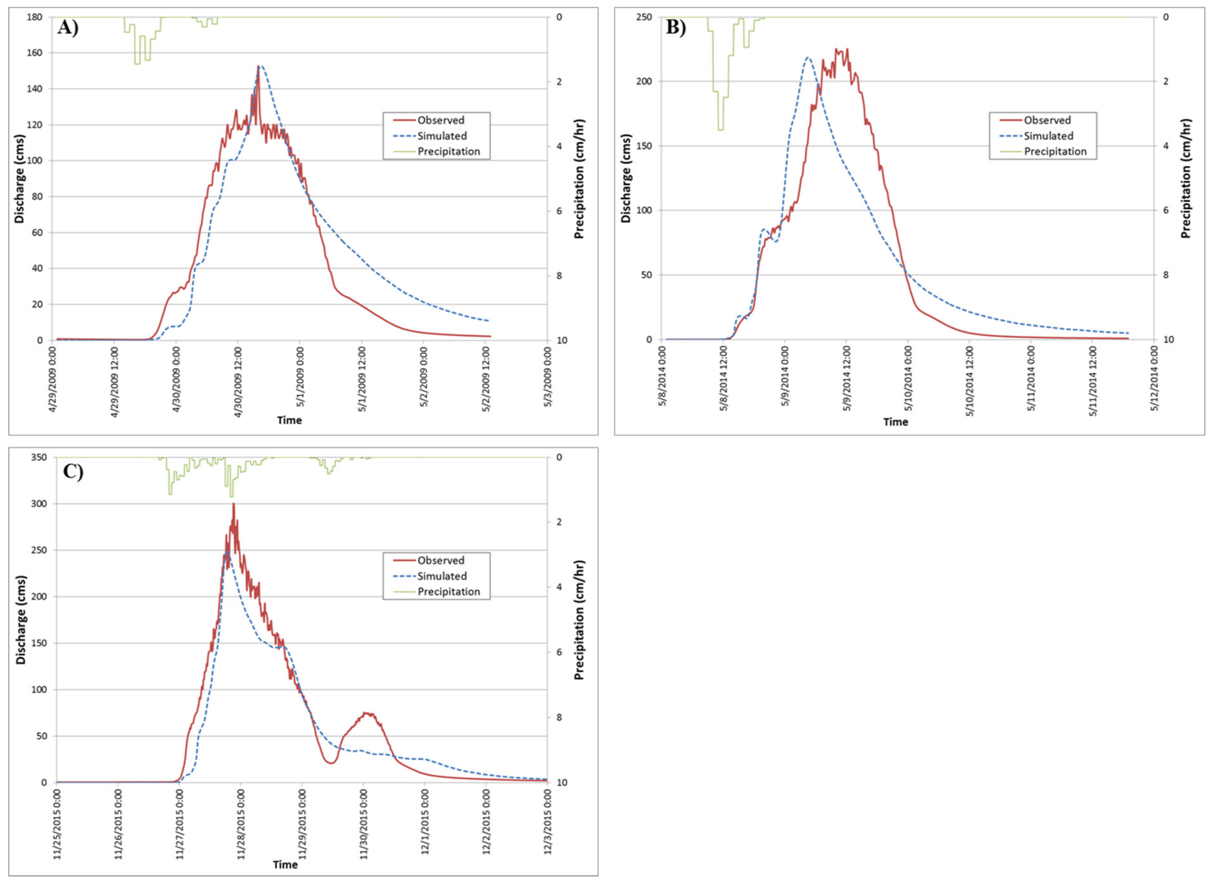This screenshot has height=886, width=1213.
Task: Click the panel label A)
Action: [68, 27]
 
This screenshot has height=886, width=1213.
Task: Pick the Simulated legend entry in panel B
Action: [1048, 136]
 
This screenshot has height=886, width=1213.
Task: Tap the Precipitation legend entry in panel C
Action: [448, 591]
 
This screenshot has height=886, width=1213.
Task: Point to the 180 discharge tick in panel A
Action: [35, 17]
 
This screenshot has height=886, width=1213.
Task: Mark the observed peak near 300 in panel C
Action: [233, 505]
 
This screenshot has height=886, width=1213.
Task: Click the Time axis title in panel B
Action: [895, 422]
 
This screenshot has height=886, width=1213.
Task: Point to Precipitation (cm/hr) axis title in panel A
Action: [579, 179]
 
